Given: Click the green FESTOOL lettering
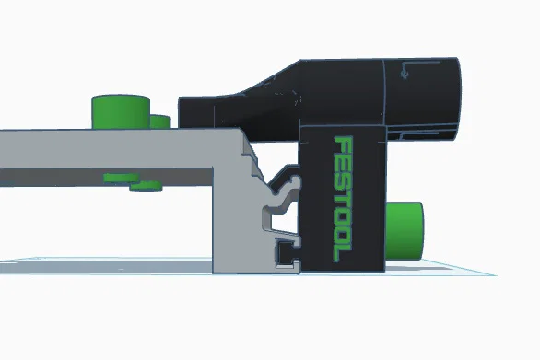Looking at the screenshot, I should coord(344,198).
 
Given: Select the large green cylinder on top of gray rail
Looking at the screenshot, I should coord(121,111).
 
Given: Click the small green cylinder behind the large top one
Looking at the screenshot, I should coord(161,122).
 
